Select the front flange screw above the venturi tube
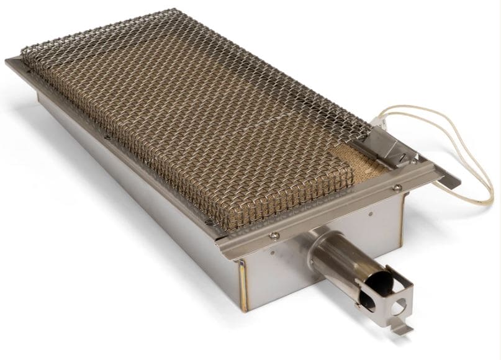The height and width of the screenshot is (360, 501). (x=274, y=235)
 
